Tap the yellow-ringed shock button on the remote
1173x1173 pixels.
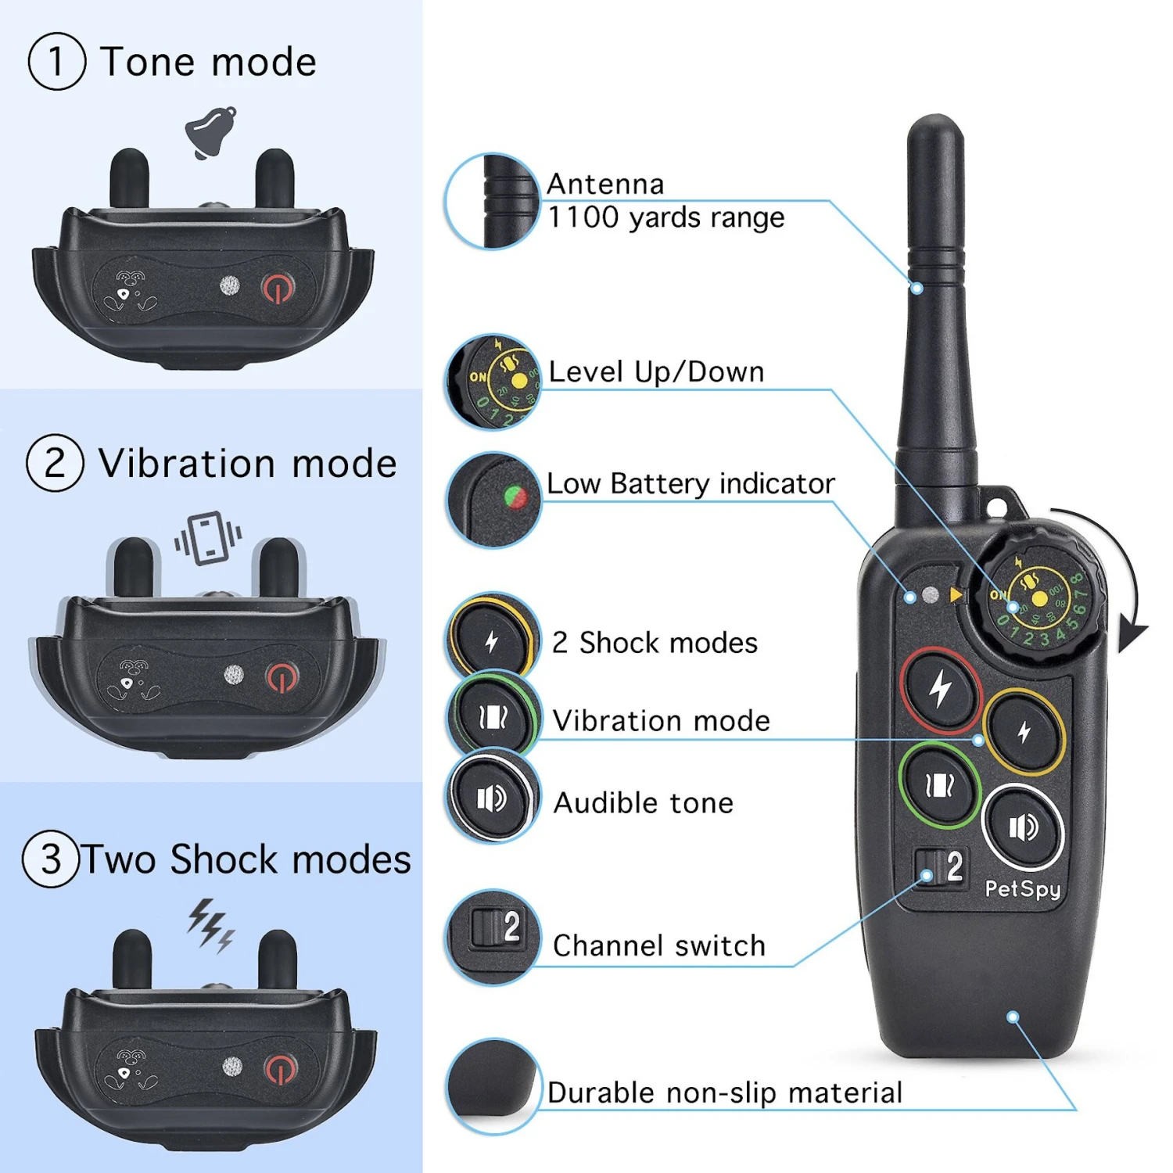pos(1024,732)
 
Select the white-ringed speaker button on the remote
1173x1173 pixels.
pos(1022,827)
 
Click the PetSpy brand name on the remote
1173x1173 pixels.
pos(1022,889)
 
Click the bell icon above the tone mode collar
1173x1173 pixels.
pos(211,132)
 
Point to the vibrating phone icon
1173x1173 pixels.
pos(208,538)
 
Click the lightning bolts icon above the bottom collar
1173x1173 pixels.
pos(210,924)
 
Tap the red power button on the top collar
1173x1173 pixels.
pos(278,289)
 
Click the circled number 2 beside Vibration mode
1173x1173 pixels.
pos(55,463)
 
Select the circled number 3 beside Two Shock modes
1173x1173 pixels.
pos(51,859)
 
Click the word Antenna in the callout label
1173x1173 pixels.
pos(605,185)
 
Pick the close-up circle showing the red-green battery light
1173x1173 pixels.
pos(493,500)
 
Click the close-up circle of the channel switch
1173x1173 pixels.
pos(493,935)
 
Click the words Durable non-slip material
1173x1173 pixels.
pos(724,1092)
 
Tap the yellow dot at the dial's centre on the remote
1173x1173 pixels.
pos(1039,599)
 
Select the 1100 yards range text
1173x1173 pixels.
pos(665,217)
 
